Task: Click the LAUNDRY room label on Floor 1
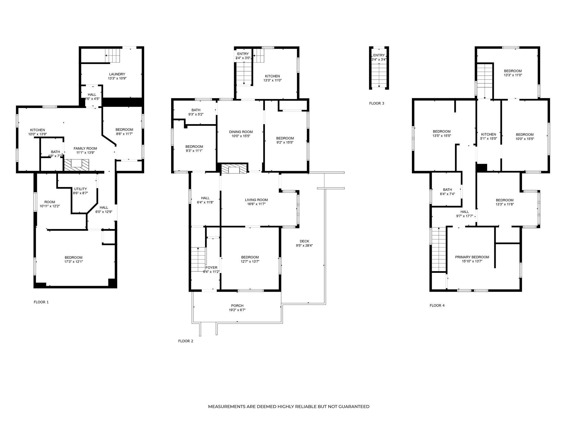click(x=117, y=74)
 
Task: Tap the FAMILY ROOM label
click(x=85, y=148)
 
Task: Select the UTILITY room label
click(x=80, y=189)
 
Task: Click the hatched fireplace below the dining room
click(x=234, y=169)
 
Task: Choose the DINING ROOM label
click(x=241, y=132)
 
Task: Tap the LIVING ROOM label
click(x=256, y=200)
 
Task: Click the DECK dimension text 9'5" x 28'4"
click(x=304, y=246)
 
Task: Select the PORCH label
click(x=237, y=306)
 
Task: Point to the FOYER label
click(x=211, y=268)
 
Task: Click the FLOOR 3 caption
click(x=377, y=103)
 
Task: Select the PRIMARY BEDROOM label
click(x=472, y=257)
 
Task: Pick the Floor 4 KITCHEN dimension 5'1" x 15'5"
click(x=488, y=139)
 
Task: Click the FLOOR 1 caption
click(x=41, y=302)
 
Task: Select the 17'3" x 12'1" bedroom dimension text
click(x=74, y=262)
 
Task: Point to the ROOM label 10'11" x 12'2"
click(x=50, y=202)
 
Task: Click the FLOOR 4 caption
click(x=437, y=305)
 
